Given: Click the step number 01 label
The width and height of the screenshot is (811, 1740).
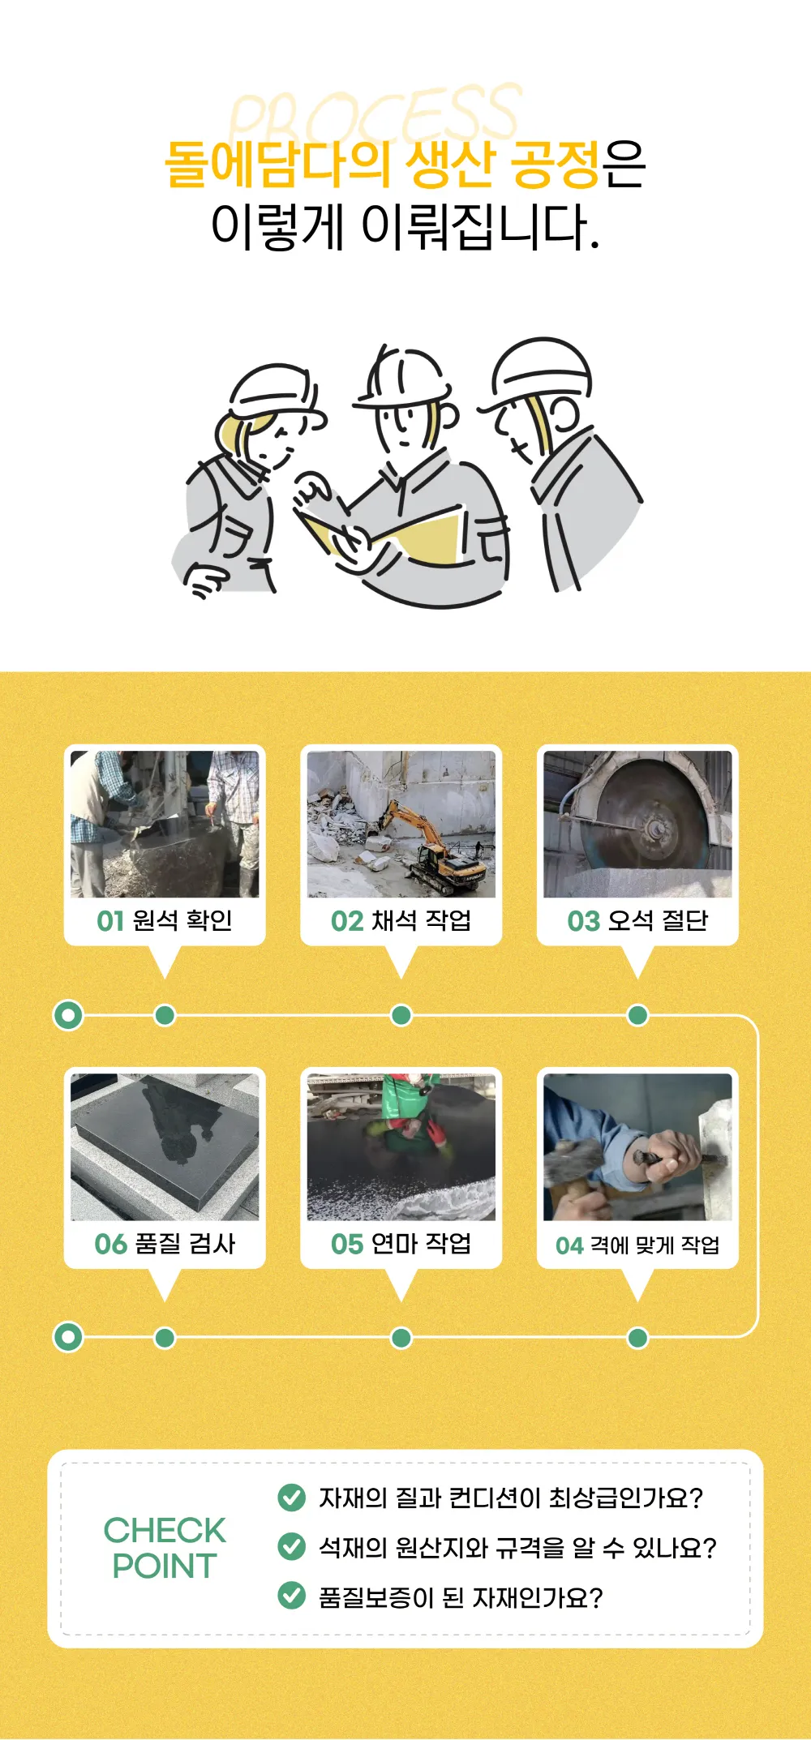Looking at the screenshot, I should click(x=110, y=921).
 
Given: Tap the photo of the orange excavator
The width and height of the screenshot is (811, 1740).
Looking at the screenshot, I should click(x=401, y=824).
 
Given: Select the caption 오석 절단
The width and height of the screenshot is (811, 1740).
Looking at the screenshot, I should click(x=657, y=921).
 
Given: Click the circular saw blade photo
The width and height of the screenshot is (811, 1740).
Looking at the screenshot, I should click(x=637, y=824).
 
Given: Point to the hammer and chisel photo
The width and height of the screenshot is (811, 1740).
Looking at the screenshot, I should click(x=637, y=1146).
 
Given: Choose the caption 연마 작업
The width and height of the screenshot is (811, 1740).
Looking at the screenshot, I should click(x=420, y=1244).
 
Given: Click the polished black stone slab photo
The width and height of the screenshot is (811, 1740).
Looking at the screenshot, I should click(x=165, y=1146).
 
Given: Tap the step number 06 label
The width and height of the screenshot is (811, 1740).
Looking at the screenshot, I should click(x=110, y=1244).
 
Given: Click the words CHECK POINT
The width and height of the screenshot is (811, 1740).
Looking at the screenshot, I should click(x=165, y=1548).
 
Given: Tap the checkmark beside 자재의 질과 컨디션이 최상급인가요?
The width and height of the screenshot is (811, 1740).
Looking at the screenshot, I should click(x=291, y=1497).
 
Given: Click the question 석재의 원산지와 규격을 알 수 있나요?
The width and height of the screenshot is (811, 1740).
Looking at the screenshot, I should click(x=517, y=1548).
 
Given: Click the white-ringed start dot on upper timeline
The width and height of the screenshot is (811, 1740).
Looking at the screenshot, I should click(x=68, y=1015).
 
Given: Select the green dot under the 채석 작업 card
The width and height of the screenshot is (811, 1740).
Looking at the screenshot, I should click(x=401, y=1015).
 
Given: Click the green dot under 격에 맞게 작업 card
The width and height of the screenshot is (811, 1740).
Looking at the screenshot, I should click(x=637, y=1338).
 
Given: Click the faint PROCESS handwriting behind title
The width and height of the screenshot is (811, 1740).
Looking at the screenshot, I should click(x=373, y=114).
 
